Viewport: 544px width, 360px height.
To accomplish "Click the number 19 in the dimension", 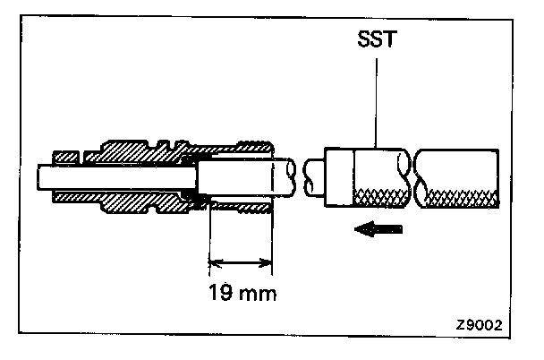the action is (220, 291).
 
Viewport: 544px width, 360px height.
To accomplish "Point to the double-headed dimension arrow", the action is (241, 263).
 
